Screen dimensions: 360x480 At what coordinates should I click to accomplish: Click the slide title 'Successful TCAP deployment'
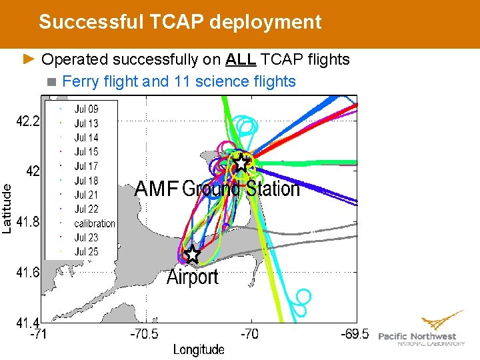(x=180, y=22)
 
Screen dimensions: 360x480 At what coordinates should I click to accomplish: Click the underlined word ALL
(x=241, y=59)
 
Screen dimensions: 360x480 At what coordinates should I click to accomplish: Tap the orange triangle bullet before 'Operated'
(x=29, y=59)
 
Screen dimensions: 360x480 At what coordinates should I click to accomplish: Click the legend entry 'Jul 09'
(x=86, y=109)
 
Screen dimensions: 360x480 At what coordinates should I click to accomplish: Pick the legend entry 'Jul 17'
(x=86, y=166)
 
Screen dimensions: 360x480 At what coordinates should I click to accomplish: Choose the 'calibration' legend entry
(x=94, y=223)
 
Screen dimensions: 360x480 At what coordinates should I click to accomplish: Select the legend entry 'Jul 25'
(x=86, y=251)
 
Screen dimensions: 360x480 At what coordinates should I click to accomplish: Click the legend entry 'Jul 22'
(x=86, y=209)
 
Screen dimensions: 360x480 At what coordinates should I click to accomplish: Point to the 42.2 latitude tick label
(x=28, y=121)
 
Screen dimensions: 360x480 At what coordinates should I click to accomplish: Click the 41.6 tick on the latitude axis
(x=28, y=272)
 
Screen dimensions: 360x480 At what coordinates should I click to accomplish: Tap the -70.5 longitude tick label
(x=145, y=334)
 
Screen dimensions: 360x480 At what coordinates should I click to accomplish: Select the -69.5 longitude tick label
(x=355, y=334)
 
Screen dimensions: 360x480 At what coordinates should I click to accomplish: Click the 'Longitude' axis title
(x=199, y=349)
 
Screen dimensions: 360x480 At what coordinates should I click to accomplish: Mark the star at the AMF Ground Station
(x=241, y=163)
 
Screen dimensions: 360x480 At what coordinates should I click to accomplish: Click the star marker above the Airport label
(x=192, y=254)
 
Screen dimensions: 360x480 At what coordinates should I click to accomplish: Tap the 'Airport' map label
(x=192, y=277)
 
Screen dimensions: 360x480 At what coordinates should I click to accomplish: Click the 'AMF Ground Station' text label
(x=217, y=189)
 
